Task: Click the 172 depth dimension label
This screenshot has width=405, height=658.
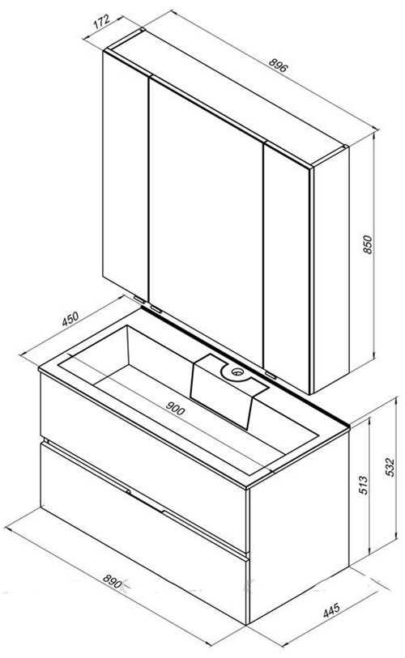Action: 102,21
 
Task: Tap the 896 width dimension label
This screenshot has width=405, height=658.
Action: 278,65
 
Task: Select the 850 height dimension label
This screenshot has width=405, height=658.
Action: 367,244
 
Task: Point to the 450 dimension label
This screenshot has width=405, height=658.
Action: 70,319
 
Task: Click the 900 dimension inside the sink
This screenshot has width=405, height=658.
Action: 175,408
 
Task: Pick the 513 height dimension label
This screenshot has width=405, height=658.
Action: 364,485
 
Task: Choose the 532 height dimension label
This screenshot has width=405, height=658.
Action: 390,467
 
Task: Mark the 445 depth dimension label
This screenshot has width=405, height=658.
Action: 331,610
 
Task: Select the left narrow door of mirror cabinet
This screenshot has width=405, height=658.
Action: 126,173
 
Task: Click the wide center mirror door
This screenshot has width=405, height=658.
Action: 206,219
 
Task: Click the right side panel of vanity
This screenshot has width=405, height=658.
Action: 299,527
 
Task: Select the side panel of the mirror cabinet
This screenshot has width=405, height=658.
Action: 332,269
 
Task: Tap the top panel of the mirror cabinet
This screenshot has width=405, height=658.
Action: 227,96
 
